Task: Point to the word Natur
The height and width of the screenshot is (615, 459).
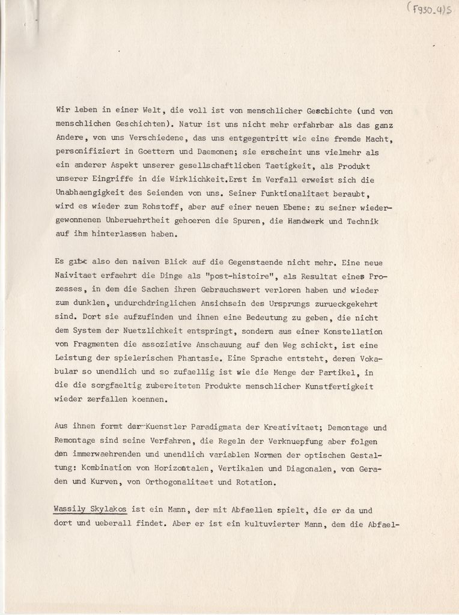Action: click(193, 125)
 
